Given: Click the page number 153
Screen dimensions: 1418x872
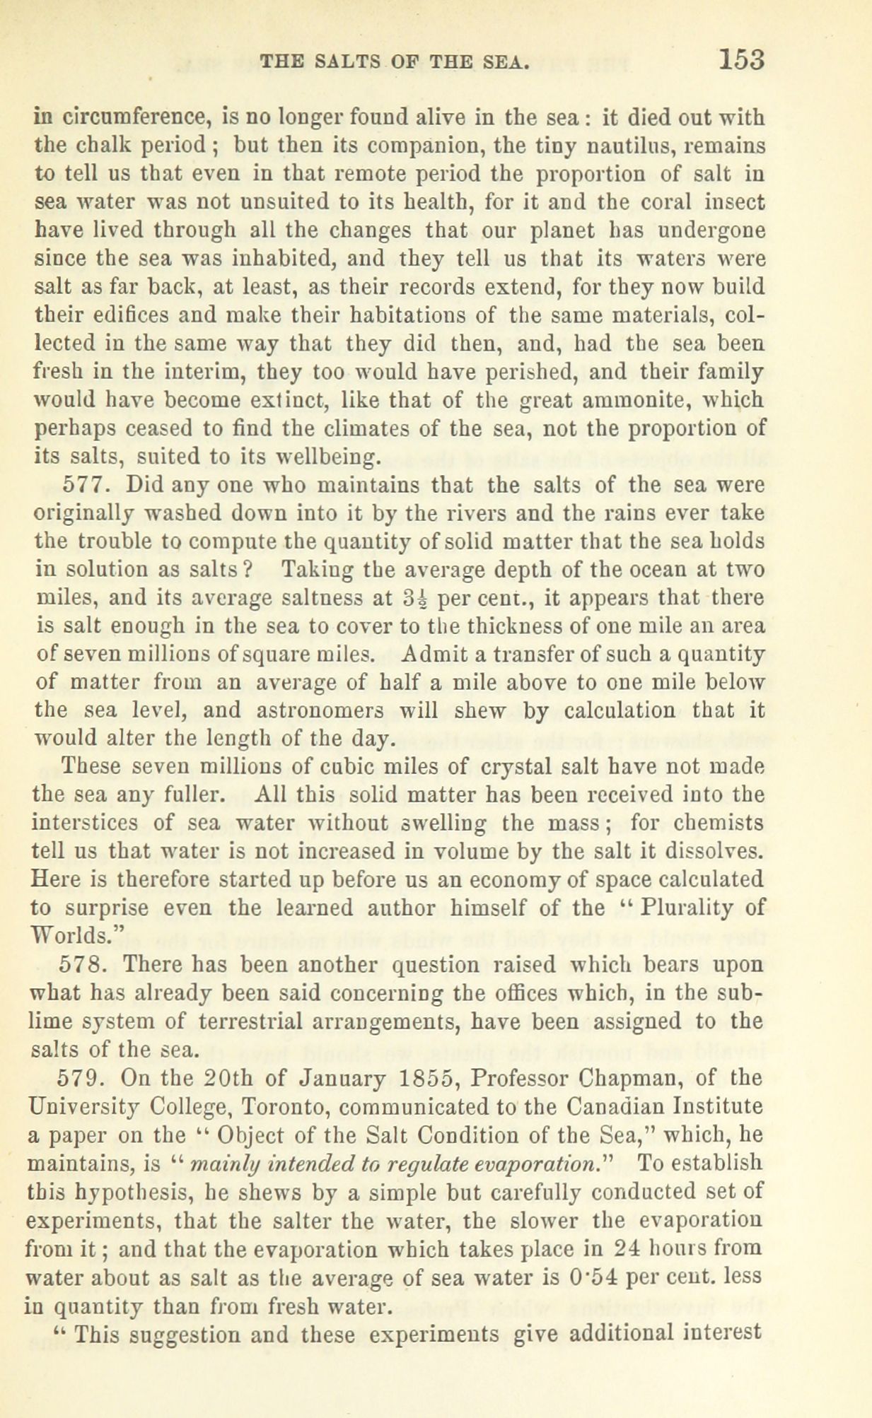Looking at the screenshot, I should [x=742, y=59].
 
